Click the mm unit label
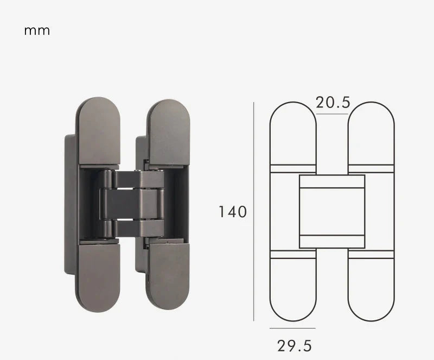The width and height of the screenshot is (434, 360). [37, 31]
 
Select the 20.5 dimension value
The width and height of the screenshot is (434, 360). [333, 103]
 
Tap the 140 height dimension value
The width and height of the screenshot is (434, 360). [233, 211]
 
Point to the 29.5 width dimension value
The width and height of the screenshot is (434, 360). [295, 345]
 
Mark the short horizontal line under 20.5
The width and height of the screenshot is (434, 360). [332, 114]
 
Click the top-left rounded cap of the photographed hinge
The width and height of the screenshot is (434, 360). [98, 130]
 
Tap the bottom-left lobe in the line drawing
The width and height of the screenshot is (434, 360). [293, 288]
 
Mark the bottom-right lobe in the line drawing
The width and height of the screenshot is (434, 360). [371, 288]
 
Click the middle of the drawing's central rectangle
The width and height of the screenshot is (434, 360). [332, 211]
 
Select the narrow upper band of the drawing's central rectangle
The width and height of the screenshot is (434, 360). [332, 181]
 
